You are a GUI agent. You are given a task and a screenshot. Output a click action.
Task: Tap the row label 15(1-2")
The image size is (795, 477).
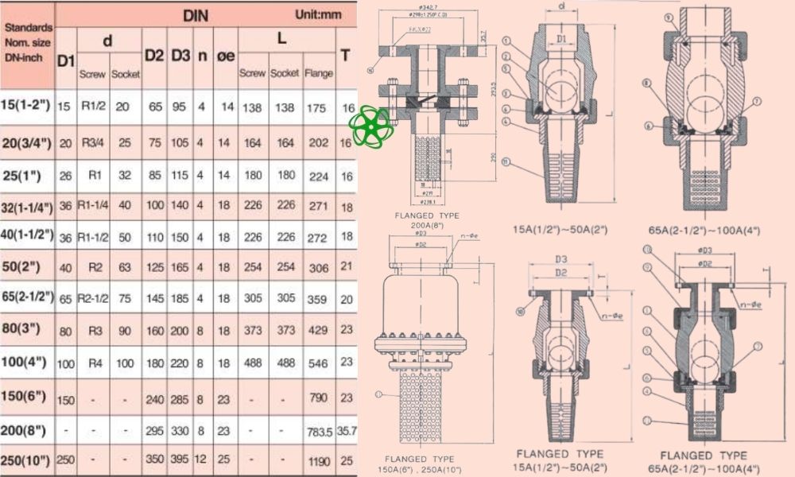pyautogui.click(x=29, y=107)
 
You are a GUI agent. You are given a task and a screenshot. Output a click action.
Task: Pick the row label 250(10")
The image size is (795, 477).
pyautogui.click(x=29, y=460)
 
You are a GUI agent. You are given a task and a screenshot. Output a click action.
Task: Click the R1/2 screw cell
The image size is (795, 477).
pyautogui.click(x=93, y=107)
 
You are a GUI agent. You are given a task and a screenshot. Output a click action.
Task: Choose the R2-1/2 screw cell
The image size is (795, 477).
pyautogui.click(x=93, y=299)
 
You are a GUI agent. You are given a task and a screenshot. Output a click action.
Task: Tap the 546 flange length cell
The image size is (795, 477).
pyautogui.click(x=318, y=362)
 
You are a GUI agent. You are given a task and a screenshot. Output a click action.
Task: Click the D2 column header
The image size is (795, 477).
pyautogui.click(x=155, y=55)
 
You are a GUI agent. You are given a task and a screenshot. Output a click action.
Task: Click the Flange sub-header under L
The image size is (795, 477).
pyautogui.click(x=318, y=73)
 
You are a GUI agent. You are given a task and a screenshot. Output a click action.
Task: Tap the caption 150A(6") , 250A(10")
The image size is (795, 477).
pyautogui.click(x=419, y=468)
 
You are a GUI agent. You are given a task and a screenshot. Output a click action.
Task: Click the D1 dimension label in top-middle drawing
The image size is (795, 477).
pyautogui.click(x=562, y=39)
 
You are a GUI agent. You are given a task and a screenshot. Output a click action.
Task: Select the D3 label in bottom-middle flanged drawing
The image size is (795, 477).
pyautogui.click(x=561, y=259)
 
